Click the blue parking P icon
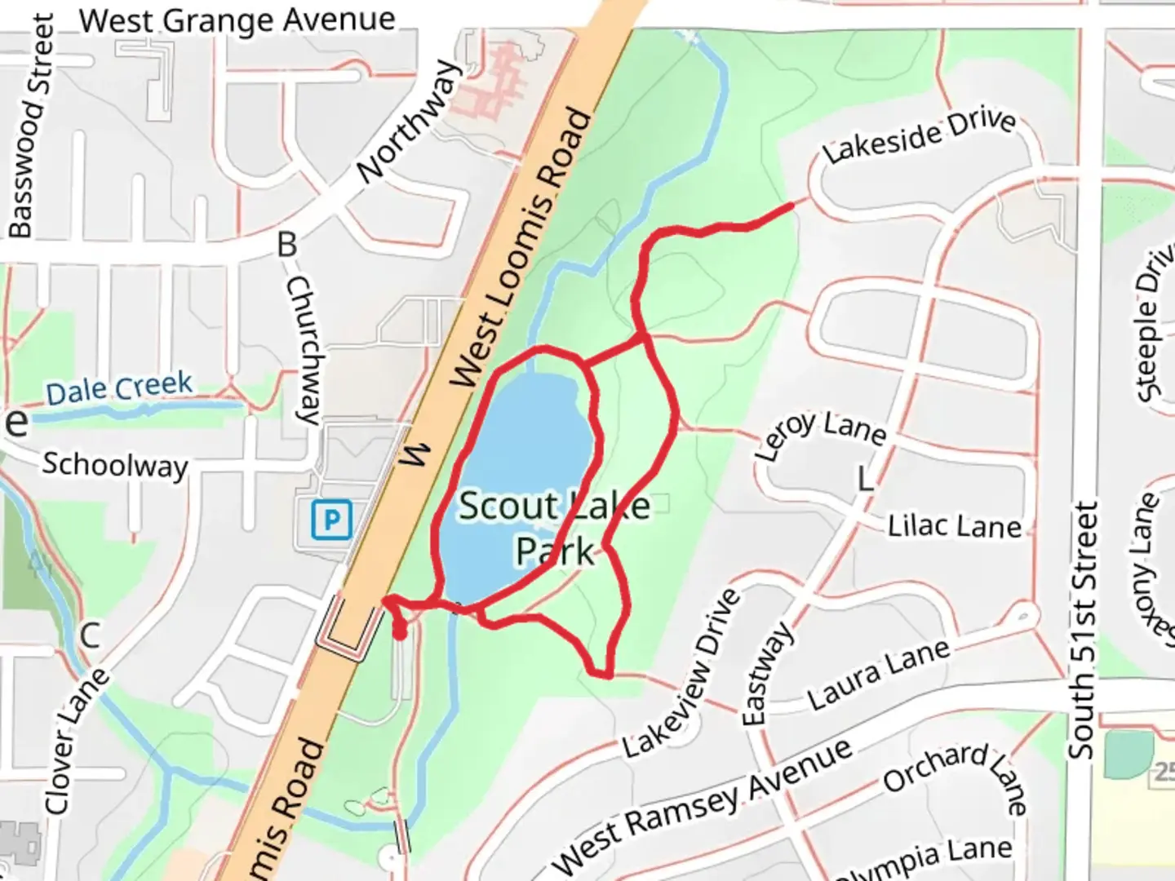pyautogui.click(x=331, y=520)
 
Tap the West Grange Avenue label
pyautogui.click(x=237, y=20)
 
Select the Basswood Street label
pyautogui.click(x=31, y=126)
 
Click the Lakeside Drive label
pyautogui.click(x=919, y=135)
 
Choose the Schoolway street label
pyautogui.click(x=115, y=465)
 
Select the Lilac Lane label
pyautogui.click(x=954, y=526)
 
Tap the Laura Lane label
pyautogui.click(x=879, y=675)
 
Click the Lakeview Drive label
pyautogui.click(x=681, y=674)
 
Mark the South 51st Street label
pyautogui.click(x=1084, y=630)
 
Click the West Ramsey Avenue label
pyautogui.click(x=703, y=805)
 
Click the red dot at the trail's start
pyautogui.click(x=400, y=632)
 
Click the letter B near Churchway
pyautogui.click(x=286, y=244)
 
